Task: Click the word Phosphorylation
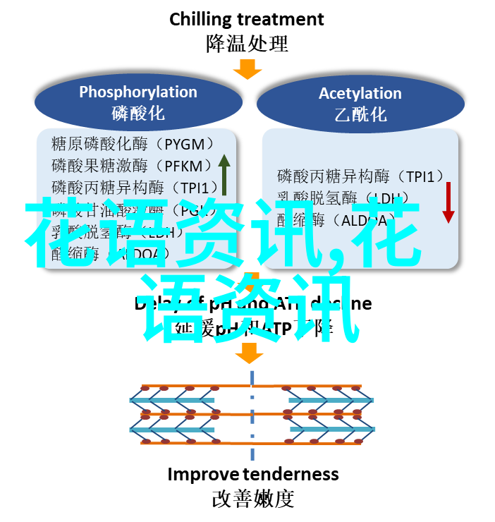(x=137, y=92)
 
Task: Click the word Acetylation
(x=360, y=93)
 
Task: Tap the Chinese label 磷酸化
(x=137, y=113)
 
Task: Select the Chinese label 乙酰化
(x=360, y=114)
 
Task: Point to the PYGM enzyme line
(x=133, y=145)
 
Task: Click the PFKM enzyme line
(x=132, y=166)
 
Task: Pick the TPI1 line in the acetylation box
(x=360, y=176)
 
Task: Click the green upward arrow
(x=224, y=174)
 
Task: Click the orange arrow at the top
(x=248, y=68)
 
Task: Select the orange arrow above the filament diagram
(x=249, y=352)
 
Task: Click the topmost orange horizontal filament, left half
(x=190, y=387)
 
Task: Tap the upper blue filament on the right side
(x=331, y=401)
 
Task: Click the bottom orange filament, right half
(x=310, y=442)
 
